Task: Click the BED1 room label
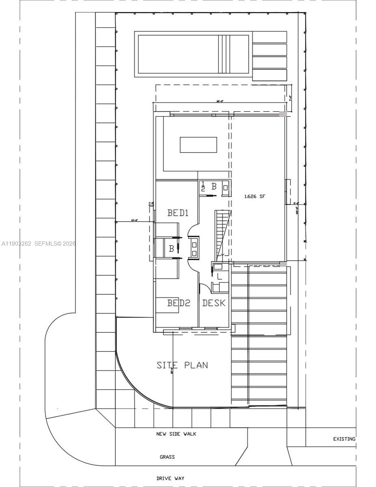pos(178,213)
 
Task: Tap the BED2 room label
pos(179,303)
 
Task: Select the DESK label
pos(213,303)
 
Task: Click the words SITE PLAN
pos(182,365)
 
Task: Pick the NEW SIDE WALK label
pos(176,434)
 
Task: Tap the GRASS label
pos(167,457)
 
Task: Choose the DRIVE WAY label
pos(170,478)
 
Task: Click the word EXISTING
pos(344,439)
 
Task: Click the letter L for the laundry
pos(219,277)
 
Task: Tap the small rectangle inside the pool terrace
pos(198,145)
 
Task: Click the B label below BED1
pos(172,248)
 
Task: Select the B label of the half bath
pos(214,186)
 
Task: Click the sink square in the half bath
pos(226,188)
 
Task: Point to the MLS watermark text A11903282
pos(16,244)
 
